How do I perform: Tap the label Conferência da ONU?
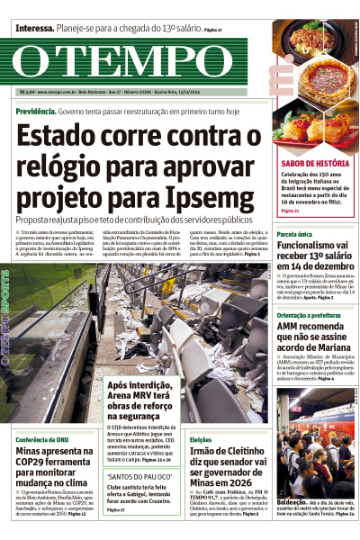click(x=44, y=438)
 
